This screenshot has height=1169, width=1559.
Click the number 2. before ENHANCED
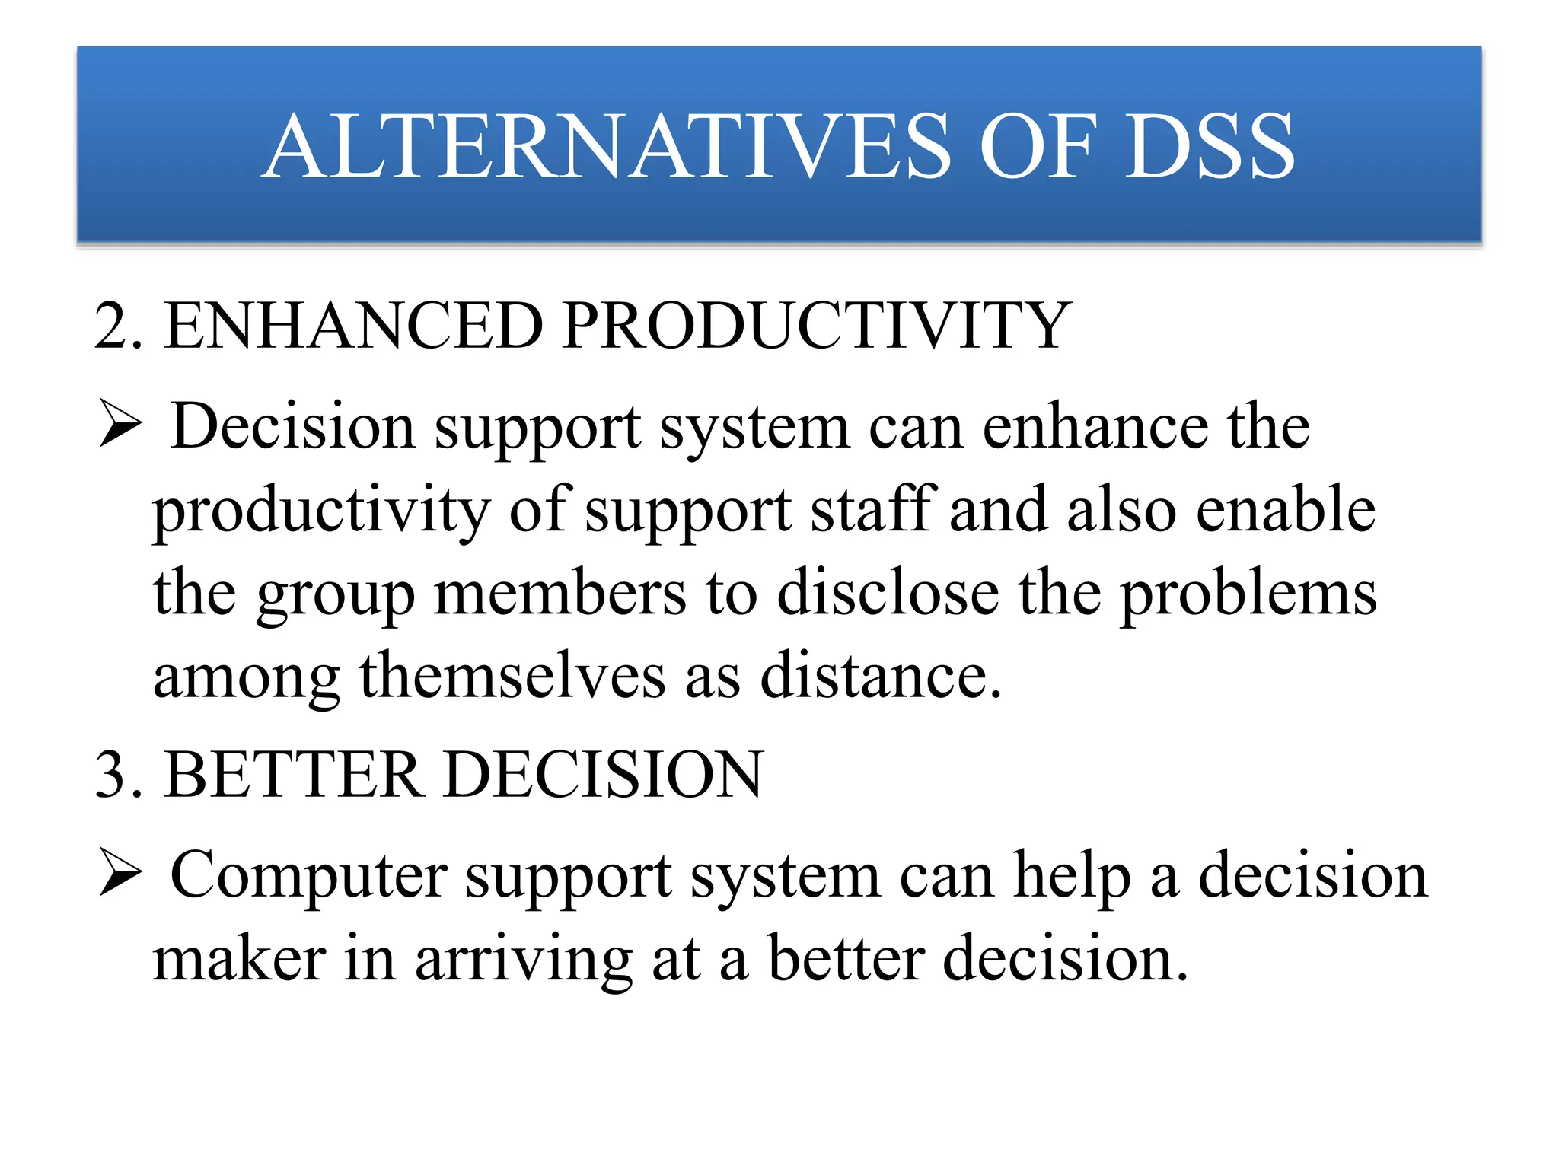[x=118, y=326]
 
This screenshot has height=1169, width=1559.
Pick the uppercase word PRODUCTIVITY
[x=817, y=326]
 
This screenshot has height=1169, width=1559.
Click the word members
[x=560, y=594]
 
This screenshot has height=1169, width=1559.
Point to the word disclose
[x=888, y=594]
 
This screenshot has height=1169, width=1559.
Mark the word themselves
[x=512, y=676]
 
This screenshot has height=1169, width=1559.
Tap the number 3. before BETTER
[x=118, y=775]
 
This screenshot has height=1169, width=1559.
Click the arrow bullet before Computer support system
[x=120, y=874]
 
